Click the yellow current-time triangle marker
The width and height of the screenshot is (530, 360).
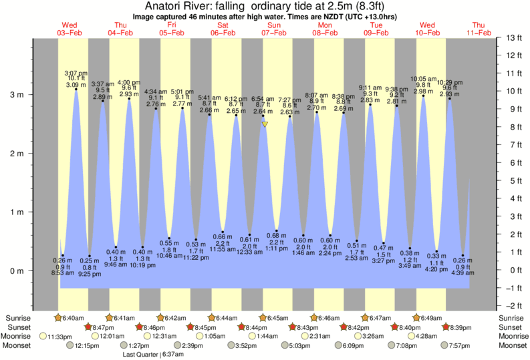[x=265, y=124]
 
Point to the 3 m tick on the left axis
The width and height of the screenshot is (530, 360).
[x=17, y=95]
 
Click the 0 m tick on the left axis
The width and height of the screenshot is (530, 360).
[x=17, y=271]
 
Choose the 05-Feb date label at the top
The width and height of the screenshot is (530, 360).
[x=172, y=33]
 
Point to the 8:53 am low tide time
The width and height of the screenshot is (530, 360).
[x=62, y=273]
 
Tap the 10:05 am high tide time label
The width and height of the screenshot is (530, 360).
[x=424, y=78]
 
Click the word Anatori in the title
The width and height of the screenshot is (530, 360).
[x=164, y=5]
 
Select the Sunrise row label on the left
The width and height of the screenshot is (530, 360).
[x=19, y=318]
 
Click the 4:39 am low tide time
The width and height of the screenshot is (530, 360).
[x=463, y=273]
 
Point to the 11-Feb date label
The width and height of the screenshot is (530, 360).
[x=479, y=33]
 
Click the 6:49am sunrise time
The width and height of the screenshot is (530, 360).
[x=431, y=318]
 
